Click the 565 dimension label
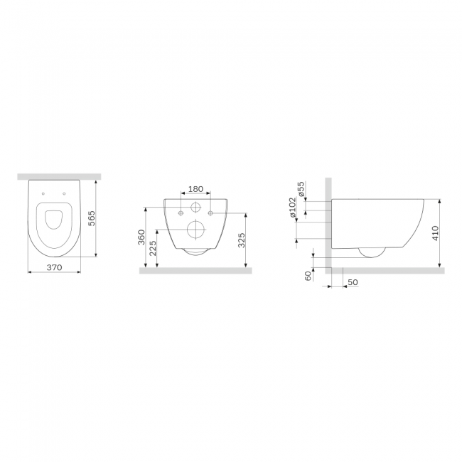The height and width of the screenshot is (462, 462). pos(92,218)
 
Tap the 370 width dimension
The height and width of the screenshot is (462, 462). pos(55,267)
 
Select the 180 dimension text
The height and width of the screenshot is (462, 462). pos(195,189)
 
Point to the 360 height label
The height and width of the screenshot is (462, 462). pos(141,237)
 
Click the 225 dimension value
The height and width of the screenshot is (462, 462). pos(153,249)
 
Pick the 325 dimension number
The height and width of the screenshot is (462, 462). pos(242,240)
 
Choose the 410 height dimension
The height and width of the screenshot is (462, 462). pos(436,233)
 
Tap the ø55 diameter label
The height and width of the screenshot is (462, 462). pos(301,189)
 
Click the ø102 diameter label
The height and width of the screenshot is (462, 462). pos(292,207)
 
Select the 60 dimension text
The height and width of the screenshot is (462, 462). pos(308,276)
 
